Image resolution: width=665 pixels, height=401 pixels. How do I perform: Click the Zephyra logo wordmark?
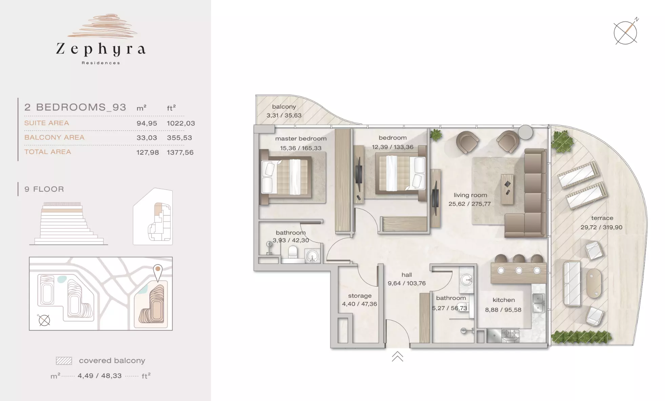[x=101, y=50]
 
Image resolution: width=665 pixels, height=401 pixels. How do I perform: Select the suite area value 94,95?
[x=147, y=123]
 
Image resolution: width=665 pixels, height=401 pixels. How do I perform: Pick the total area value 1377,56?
[x=180, y=153]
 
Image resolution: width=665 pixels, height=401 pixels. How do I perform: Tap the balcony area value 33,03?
[x=147, y=138]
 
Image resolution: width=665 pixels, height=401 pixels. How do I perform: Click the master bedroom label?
[x=301, y=138]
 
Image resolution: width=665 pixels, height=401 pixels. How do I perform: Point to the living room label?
[x=470, y=195]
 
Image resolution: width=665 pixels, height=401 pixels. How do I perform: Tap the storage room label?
[x=360, y=296]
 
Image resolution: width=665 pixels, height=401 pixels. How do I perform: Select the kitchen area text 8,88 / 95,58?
[x=503, y=310]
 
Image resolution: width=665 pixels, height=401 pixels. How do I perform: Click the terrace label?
[x=602, y=218]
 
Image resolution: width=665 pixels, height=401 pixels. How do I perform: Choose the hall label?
[x=407, y=275]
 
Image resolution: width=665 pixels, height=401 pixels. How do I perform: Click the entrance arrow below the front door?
[x=398, y=357]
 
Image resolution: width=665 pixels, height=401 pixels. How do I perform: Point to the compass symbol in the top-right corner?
[x=626, y=32]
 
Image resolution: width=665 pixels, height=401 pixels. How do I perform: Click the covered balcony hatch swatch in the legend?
[x=64, y=361]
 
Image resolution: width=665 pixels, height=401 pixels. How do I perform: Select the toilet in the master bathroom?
[x=292, y=252]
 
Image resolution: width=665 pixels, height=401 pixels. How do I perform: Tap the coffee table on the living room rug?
[x=507, y=189]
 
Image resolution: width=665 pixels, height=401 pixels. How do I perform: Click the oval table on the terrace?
[x=593, y=283]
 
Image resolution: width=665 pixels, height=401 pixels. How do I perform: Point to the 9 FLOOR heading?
[x=44, y=189]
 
